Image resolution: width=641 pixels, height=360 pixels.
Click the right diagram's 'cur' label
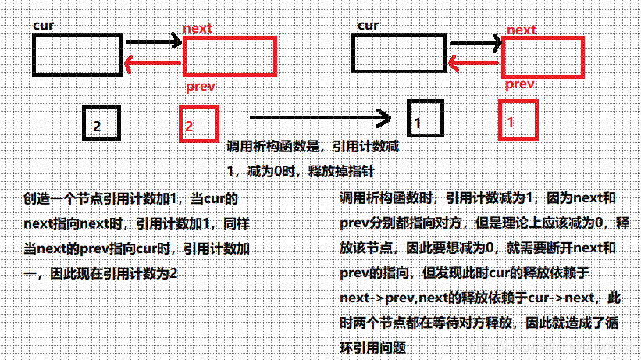click(368, 26)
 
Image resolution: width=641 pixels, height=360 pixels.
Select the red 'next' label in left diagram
click(197, 29)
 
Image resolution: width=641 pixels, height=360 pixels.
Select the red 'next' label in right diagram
click(522, 30)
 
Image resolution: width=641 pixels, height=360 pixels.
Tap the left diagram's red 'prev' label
click(201, 85)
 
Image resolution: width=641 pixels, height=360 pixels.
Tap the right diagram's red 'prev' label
click(520, 84)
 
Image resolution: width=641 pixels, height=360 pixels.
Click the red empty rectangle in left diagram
click(230, 56)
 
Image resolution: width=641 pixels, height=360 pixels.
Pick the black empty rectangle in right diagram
click(398, 55)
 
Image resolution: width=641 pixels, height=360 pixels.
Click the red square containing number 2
click(199, 123)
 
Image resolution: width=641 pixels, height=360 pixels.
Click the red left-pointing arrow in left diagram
click(153, 65)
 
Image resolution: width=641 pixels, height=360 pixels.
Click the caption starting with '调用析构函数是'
click(316, 146)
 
